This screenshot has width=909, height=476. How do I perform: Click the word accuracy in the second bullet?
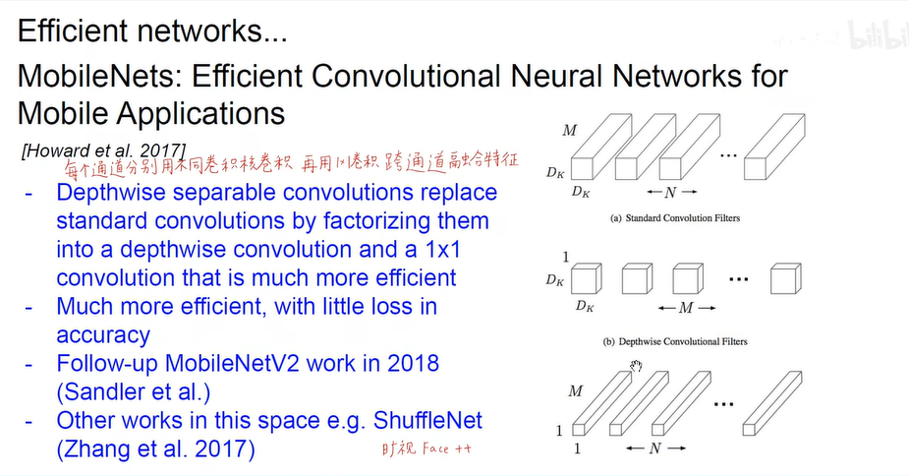(x=102, y=334)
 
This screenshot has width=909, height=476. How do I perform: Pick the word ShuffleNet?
(x=420, y=421)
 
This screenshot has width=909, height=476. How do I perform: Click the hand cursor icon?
(x=635, y=367)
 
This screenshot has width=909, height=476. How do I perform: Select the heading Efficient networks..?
(x=152, y=32)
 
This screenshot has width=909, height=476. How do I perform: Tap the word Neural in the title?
(x=562, y=76)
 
